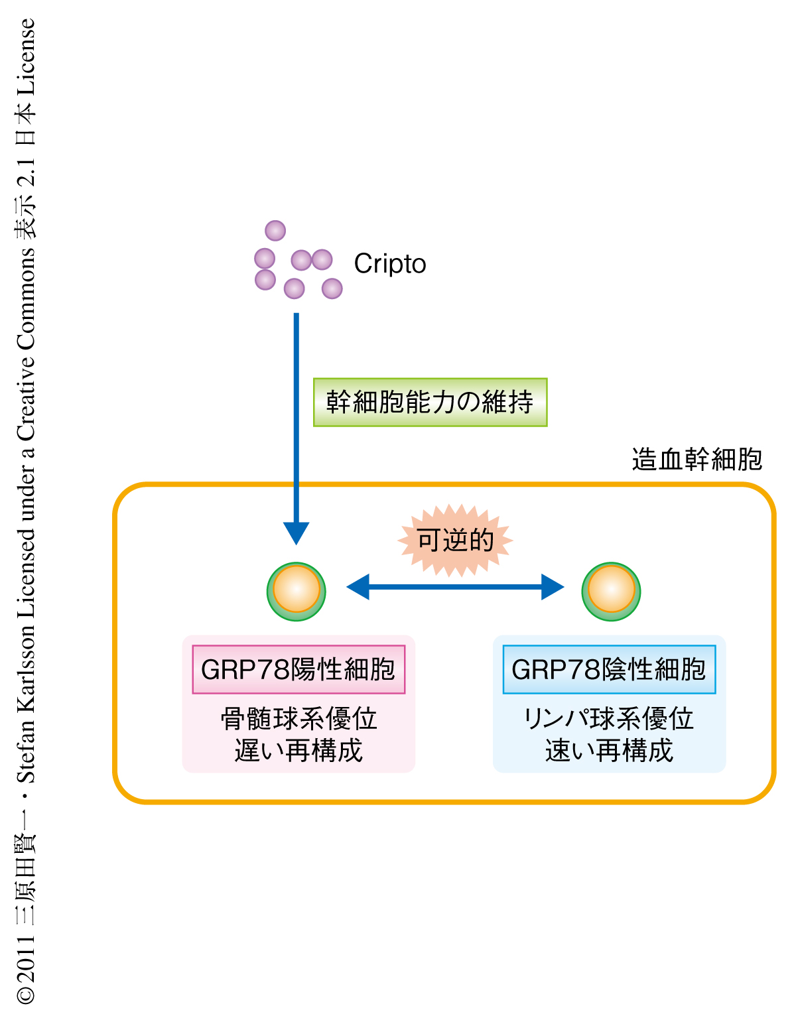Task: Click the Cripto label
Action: tap(390, 264)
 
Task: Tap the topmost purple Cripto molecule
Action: tap(275, 231)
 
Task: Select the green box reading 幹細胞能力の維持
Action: tap(430, 402)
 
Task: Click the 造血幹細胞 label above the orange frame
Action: tap(696, 459)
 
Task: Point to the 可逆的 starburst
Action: tap(455, 541)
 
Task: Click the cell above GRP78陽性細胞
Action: tap(297, 591)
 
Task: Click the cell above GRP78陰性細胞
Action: tap(611, 591)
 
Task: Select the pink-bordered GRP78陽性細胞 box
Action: tap(298, 669)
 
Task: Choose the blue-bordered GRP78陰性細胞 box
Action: tap(609, 669)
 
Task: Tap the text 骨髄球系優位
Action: tap(298, 718)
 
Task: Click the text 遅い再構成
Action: tap(298, 750)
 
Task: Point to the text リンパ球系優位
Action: tap(609, 718)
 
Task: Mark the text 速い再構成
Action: tap(609, 750)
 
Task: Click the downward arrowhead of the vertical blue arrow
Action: tap(297, 533)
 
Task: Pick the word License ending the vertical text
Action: tap(25, 56)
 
